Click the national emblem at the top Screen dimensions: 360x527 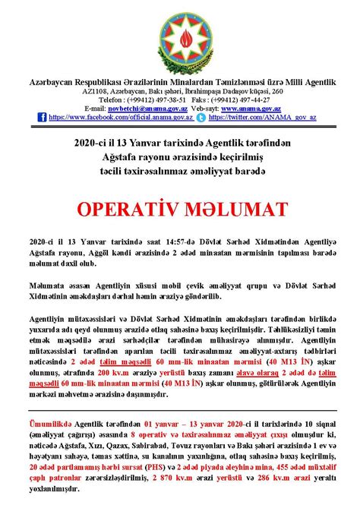tap(180, 37)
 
